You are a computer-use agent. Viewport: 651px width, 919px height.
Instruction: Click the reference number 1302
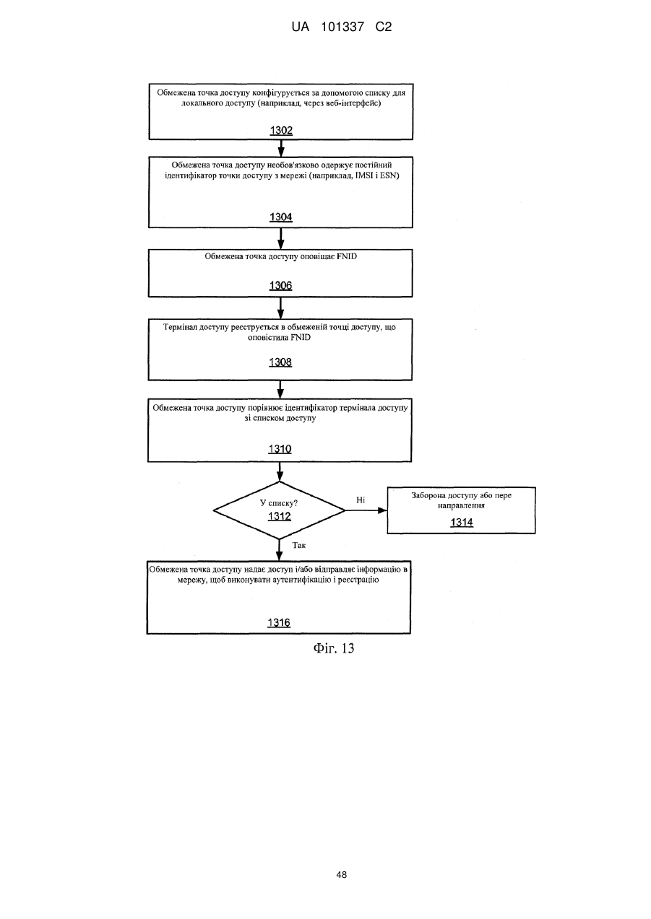[x=281, y=131]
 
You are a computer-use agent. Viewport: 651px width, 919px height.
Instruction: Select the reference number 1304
[x=281, y=217]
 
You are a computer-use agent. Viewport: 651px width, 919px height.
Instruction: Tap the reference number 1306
[x=280, y=286]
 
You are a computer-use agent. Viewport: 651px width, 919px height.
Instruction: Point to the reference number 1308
[x=280, y=362]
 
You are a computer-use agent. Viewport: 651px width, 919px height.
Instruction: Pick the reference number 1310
[x=280, y=449]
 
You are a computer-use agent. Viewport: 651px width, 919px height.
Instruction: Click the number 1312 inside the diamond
[x=280, y=516]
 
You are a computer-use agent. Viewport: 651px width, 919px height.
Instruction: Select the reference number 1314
[x=462, y=522]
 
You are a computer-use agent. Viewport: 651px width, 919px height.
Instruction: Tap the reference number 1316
[x=279, y=623]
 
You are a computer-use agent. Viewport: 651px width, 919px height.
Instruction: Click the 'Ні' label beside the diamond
[x=361, y=500]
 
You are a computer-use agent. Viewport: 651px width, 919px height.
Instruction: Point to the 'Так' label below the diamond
[x=299, y=545]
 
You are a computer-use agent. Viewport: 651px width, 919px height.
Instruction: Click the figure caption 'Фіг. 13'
[x=334, y=648]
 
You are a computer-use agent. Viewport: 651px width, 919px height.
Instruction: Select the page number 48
[x=341, y=875]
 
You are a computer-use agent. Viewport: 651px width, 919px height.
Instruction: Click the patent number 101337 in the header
[x=342, y=27]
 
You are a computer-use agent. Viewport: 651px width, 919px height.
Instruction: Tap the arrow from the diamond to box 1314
[x=366, y=510]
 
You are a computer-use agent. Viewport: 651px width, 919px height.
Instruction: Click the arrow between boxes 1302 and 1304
[x=281, y=148]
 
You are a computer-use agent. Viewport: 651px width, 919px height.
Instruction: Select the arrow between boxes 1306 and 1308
[x=280, y=308]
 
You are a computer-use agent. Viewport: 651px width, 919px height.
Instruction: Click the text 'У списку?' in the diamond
[x=279, y=503]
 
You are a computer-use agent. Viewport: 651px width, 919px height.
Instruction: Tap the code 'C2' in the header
[x=384, y=27]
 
